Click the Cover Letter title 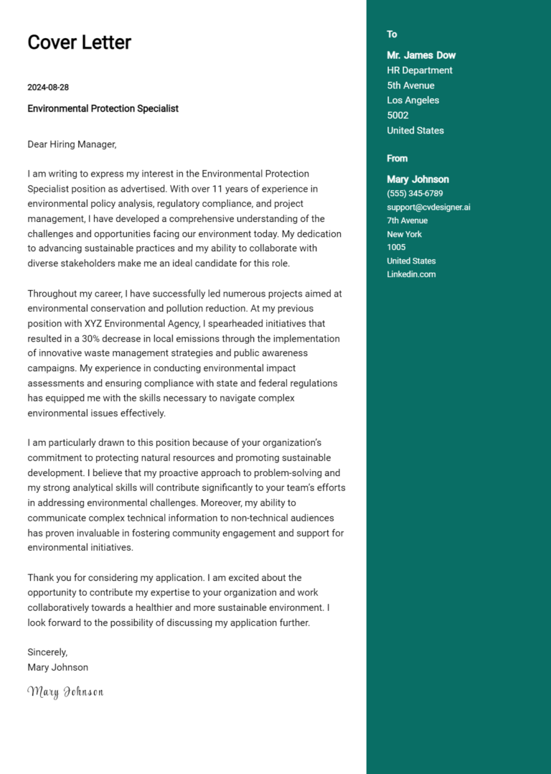pos(79,42)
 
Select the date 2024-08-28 pos(48,88)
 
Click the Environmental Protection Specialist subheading pos(103,108)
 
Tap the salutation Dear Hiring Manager pos(72,144)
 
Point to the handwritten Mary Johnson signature pos(65,691)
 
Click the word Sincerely pos(47,652)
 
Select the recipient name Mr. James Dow pos(421,55)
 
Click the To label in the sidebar pos(392,34)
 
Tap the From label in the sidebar pos(397,159)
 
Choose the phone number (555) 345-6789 pos(415,194)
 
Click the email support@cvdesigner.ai pos(428,208)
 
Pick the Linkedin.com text pos(411,274)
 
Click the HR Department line pos(420,70)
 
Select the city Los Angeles pos(413,101)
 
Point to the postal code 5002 pos(397,116)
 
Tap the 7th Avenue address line pos(407,220)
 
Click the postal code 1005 pos(396,248)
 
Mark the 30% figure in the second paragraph pos(102,338)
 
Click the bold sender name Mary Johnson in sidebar pos(418,179)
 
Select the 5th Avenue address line pos(410,85)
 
